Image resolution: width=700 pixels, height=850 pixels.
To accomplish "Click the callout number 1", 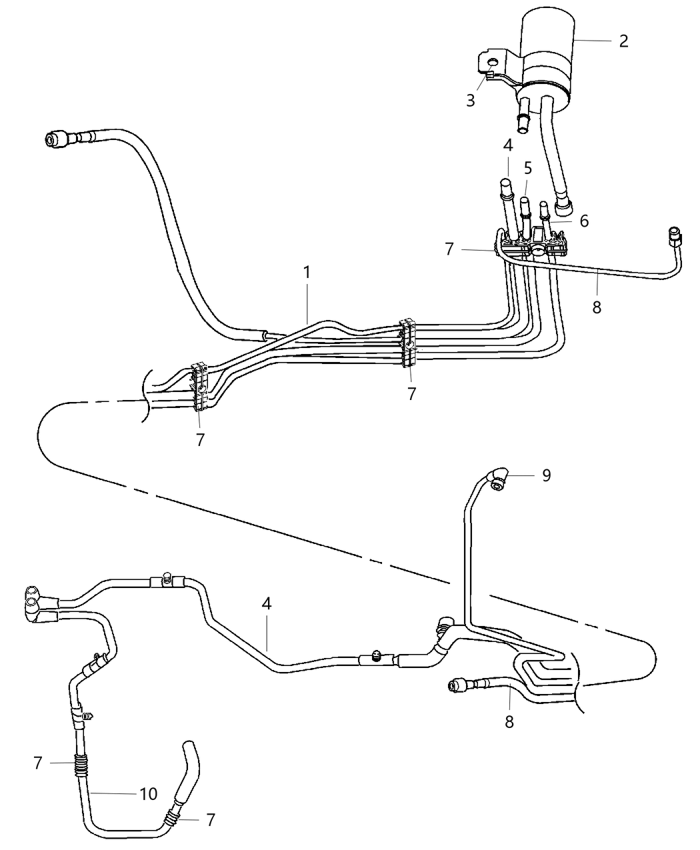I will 307,273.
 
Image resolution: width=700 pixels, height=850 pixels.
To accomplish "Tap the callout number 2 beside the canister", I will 623,41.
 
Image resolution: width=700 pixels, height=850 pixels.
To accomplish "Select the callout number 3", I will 471,101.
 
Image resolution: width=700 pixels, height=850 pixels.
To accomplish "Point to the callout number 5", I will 528,167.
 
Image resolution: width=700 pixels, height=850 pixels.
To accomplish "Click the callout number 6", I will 584,221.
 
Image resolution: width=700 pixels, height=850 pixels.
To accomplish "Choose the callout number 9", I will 546,475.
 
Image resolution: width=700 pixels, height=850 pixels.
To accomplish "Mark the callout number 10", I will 148,793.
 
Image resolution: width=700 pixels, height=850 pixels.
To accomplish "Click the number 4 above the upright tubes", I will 508,145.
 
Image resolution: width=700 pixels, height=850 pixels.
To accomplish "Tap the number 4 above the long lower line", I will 267,604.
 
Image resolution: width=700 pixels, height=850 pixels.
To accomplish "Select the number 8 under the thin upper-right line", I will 597,307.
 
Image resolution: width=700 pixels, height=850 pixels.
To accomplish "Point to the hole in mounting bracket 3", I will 492,64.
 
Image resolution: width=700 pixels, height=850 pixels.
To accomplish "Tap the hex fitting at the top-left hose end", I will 54,139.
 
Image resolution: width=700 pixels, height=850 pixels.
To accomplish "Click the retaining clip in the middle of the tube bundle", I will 407,343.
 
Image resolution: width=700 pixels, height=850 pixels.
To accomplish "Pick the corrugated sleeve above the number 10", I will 80,764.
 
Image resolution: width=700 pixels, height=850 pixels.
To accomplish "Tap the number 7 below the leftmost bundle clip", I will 200,439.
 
